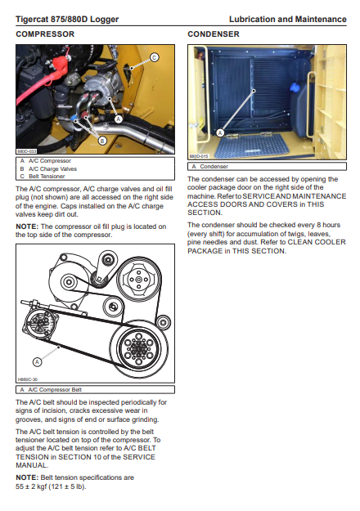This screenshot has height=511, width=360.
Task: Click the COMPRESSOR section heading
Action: point(45,34)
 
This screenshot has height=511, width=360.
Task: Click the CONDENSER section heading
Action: point(214,34)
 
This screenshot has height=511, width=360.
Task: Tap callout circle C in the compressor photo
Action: point(155,57)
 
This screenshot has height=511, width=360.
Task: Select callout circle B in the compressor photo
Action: point(102,141)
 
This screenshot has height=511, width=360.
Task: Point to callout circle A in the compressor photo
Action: point(119,119)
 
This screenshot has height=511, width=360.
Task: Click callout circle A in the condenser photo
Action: point(220,132)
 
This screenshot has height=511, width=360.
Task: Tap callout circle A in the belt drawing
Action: point(37,361)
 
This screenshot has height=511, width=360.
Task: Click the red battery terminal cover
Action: point(61,65)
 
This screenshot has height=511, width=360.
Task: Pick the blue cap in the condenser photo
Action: point(295,87)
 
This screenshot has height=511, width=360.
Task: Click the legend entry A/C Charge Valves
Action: point(52,168)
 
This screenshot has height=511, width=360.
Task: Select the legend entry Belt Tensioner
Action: point(47,177)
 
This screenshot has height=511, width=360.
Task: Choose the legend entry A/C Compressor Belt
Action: point(55,390)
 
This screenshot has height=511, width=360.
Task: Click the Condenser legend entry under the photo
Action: point(214,167)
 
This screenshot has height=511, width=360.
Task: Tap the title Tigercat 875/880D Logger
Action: point(67,20)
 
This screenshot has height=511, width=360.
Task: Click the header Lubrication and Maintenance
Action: point(288,20)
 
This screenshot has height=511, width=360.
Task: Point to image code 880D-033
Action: point(27,151)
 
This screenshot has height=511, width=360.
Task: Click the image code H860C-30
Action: point(27,379)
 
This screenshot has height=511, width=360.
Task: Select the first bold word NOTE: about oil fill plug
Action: point(27,226)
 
